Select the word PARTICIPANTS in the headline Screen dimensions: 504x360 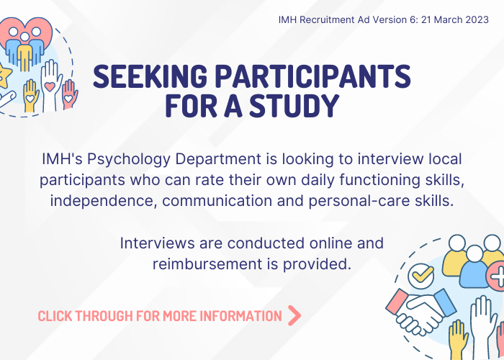312,76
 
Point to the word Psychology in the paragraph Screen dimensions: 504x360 129,160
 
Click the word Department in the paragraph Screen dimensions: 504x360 218,160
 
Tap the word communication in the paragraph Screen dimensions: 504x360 217,201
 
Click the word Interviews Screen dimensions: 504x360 157,243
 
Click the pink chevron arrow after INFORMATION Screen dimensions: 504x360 294,315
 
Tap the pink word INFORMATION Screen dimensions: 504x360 240,316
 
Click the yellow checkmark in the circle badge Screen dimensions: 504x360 420,276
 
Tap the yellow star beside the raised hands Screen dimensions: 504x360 4,76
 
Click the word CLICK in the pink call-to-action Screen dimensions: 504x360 55,316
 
